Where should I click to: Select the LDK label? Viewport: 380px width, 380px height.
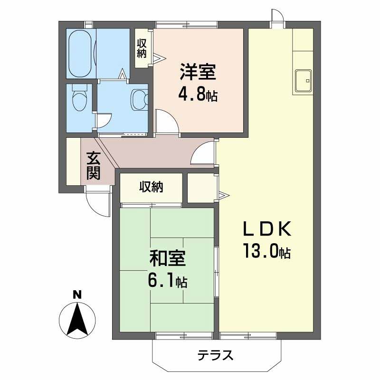coord(266,229)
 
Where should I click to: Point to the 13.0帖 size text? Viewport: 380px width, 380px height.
coord(266,251)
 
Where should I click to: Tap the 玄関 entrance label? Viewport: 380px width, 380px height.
coord(93,165)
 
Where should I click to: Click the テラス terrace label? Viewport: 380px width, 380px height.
coord(215,355)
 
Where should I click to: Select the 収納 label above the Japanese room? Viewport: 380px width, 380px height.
coord(151,187)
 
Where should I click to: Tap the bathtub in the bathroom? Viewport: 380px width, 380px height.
coord(80,54)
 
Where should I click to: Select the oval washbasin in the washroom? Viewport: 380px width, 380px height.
coord(139,99)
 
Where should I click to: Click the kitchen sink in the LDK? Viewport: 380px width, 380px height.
coord(303,81)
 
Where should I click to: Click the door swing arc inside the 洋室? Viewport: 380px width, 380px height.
coord(166,121)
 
